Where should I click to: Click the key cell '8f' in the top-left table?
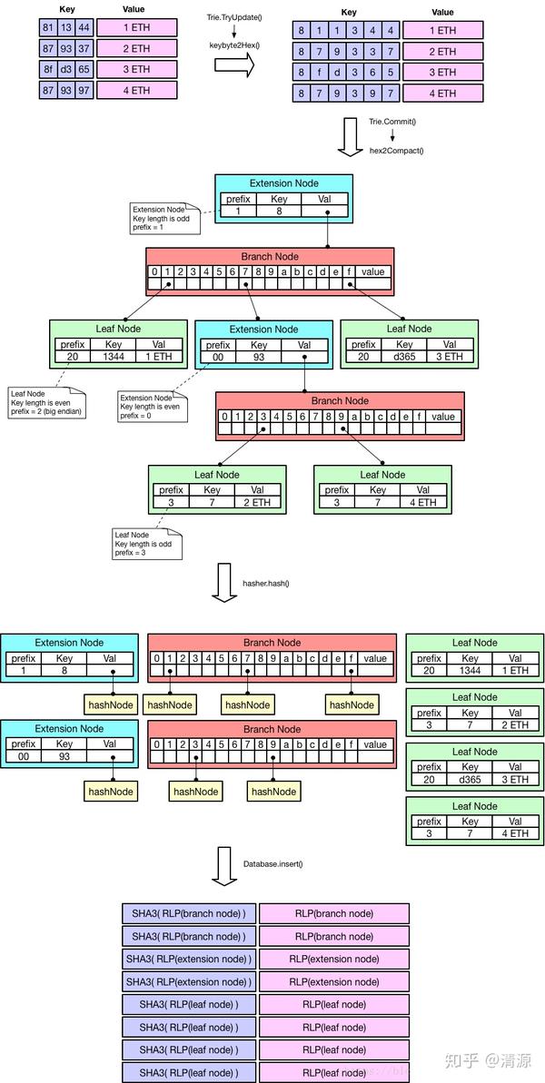tap(48, 69)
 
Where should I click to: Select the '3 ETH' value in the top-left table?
tap(135, 69)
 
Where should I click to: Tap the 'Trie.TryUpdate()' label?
tap(233, 17)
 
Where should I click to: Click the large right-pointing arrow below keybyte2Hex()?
tap(233, 65)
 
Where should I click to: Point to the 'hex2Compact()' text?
tap(397, 150)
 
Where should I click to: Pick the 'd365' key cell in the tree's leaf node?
tap(404, 357)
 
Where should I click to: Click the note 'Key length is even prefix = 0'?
tap(151, 407)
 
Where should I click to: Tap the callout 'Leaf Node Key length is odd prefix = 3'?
tap(146, 544)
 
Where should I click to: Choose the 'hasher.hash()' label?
tap(265, 583)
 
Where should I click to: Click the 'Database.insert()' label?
tap(272, 862)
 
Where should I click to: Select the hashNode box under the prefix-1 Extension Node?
tap(110, 704)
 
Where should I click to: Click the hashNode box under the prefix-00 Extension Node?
tap(110, 792)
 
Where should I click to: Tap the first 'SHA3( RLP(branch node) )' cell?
tap(188, 913)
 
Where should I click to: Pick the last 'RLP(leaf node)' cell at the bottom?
tap(333, 1072)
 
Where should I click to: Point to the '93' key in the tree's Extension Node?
tap(259, 357)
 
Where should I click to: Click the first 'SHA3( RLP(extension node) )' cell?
tap(188, 959)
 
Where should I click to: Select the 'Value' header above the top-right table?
tap(443, 13)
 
